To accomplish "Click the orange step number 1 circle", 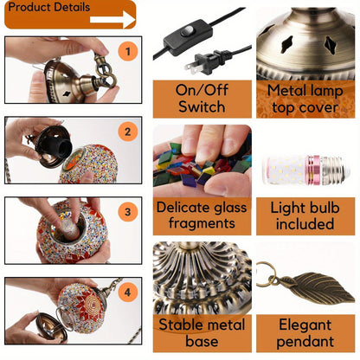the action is (x=128, y=51).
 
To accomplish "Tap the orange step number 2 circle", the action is (x=128, y=132).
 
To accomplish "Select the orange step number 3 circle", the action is (x=128, y=212).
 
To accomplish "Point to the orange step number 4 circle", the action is (x=128, y=292).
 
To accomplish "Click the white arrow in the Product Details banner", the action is (x=112, y=20).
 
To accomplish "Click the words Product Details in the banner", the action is (x=49, y=7).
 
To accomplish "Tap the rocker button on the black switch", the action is (x=188, y=30).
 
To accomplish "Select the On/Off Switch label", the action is (x=202, y=99).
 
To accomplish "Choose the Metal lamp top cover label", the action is (x=305, y=99).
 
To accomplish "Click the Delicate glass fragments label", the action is (x=202, y=215).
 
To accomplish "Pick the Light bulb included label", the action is (x=305, y=215).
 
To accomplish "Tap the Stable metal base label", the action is (x=202, y=333).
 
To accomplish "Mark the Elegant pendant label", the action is (x=305, y=333).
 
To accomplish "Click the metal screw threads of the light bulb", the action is (x=336, y=170).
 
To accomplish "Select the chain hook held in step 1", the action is (x=103, y=69).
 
